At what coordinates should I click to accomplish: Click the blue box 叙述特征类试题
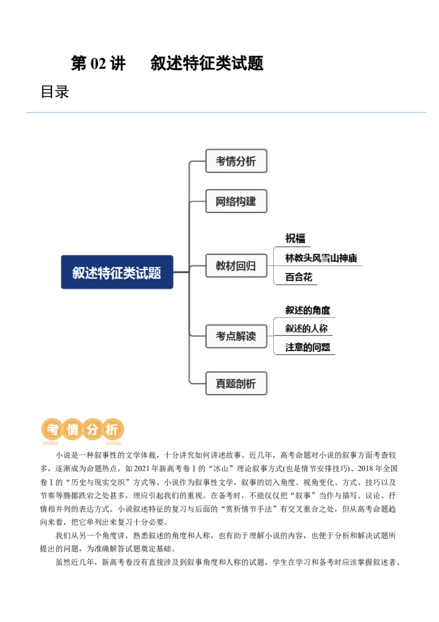[117, 272]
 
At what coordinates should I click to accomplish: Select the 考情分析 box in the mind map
[236, 161]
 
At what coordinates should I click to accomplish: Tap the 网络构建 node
[236, 201]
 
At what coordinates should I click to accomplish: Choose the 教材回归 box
[236, 266]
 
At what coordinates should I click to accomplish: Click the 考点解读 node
[236, 336]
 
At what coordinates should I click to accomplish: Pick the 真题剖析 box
[236, 384]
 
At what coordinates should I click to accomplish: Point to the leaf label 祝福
[295, 238]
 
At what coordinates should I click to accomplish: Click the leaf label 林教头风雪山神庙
[321, 258]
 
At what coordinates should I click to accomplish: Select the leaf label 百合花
[299, 277]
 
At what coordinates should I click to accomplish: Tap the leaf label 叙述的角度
[308, 310]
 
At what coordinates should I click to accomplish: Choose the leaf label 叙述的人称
[306, 329]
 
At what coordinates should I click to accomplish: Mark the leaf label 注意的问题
[308, 347]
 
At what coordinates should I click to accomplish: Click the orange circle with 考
[53, 430]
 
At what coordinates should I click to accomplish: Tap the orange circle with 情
[72, 430]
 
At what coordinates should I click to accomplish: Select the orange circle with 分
[92, 430]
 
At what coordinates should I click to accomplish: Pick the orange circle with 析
[112, 430]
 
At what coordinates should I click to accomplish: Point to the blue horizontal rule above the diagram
[226, 112]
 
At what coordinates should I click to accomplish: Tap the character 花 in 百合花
[308, 277]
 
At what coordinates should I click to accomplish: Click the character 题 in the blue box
[155, 273]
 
